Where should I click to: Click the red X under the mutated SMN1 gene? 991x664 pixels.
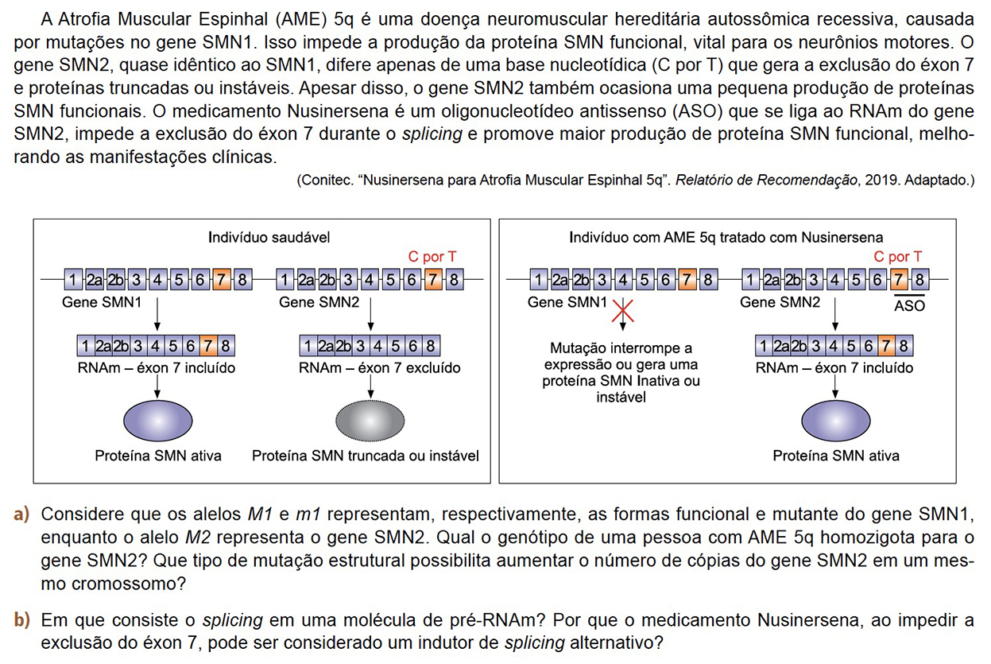click(622, 310)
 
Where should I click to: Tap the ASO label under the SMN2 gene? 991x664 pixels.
click(909, 305)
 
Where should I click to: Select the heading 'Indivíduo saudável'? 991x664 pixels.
click(269, 237)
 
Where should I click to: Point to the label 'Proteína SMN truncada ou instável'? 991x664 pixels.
click(366, 456)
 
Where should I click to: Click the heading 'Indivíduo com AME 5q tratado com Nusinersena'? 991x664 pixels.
click(726, 237)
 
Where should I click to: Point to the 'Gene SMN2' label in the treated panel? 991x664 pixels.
click(780, 302)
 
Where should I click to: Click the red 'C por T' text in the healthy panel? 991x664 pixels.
click(432, 257)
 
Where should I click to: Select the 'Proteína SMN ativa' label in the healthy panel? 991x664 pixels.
click(158, 456)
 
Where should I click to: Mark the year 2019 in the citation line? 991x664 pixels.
click(877, 181)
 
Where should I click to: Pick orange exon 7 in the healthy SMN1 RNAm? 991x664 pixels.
click(208, 346)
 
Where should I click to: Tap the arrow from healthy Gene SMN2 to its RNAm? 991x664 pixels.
click(370, 316)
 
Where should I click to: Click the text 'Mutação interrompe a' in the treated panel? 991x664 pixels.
click(621, 348)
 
